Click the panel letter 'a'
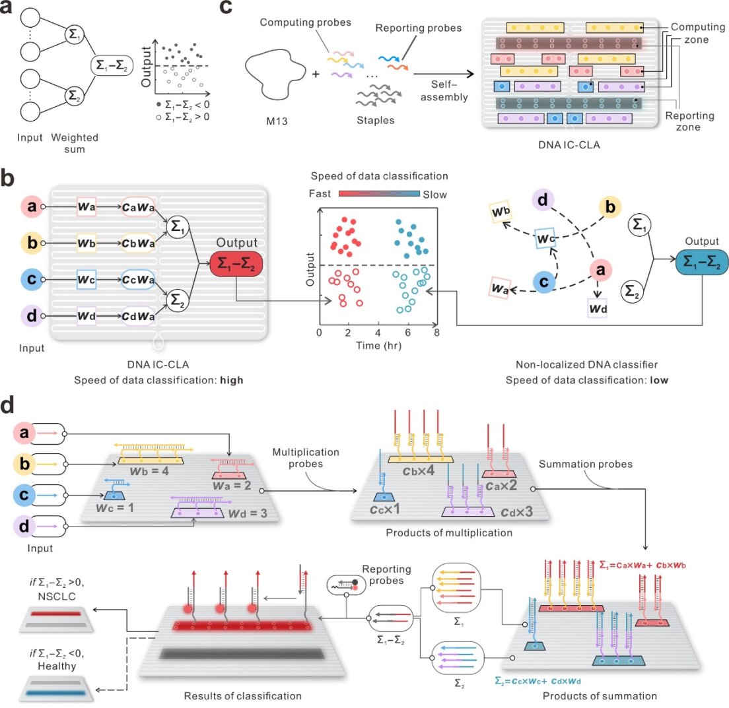point(9,11)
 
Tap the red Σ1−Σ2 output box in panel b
point(236,265)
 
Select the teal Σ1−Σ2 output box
point(702,264)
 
